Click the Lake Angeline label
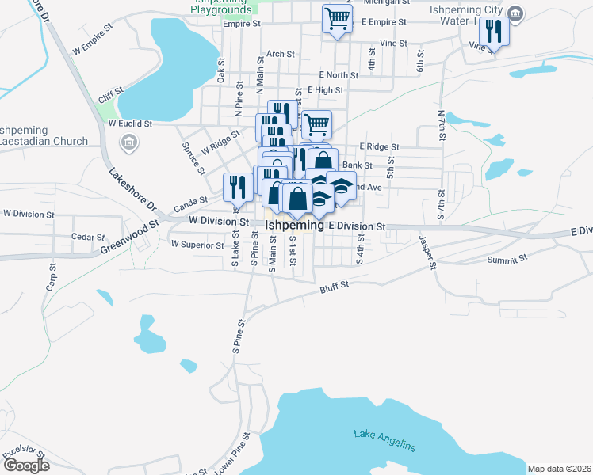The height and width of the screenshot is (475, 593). pos(384,440)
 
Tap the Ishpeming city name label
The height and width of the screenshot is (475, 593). pos(294,226)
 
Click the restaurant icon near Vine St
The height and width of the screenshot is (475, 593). pos(493,31)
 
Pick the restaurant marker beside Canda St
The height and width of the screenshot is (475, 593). pos(238,187)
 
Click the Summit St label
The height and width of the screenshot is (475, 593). pos(507,259)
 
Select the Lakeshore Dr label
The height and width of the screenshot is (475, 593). pos(132,194)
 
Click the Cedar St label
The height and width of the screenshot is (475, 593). pos(88,237)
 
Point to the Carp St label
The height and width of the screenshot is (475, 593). pos(52,275)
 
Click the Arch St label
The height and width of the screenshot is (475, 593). pos(281,55)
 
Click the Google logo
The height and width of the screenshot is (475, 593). pos(25,465)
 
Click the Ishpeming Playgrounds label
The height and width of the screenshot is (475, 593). pos(221,6)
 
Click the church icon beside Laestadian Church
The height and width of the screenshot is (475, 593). pos(128,142)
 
